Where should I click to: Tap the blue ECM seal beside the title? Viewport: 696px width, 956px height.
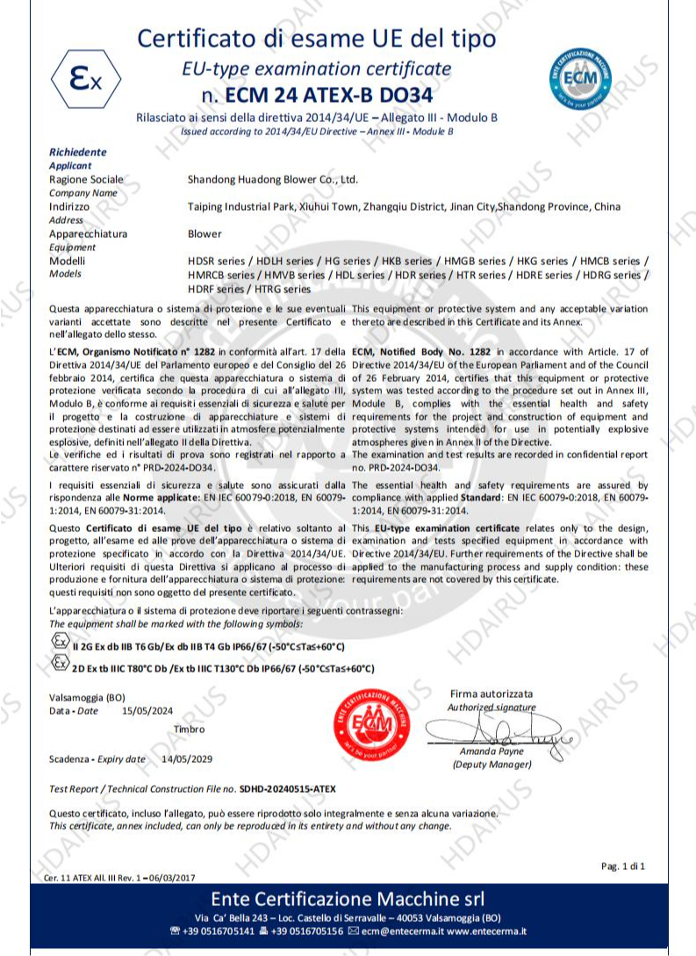580,77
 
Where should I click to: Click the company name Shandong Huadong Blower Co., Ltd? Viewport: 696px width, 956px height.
273,179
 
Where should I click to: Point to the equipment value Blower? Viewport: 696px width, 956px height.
204,234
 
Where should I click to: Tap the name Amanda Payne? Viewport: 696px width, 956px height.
491,751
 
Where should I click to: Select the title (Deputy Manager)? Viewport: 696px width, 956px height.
492,765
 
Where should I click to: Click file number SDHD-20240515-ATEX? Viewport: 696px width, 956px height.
284,789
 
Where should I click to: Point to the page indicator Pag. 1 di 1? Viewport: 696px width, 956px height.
623,866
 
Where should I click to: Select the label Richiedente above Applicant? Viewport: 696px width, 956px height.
78,152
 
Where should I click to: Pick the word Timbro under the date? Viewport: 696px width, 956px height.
190,730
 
